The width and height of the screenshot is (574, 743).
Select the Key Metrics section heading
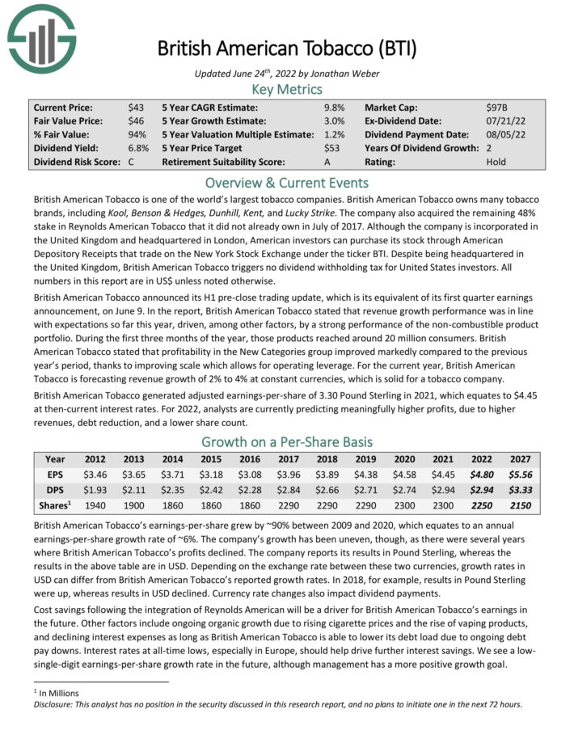[287, 89]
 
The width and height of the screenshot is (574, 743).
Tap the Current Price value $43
[136, 107]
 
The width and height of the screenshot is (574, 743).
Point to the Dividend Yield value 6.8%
[138, 148]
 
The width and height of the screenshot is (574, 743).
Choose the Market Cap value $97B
[497, 107]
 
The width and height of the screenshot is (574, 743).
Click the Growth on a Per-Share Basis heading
[287, 441]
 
